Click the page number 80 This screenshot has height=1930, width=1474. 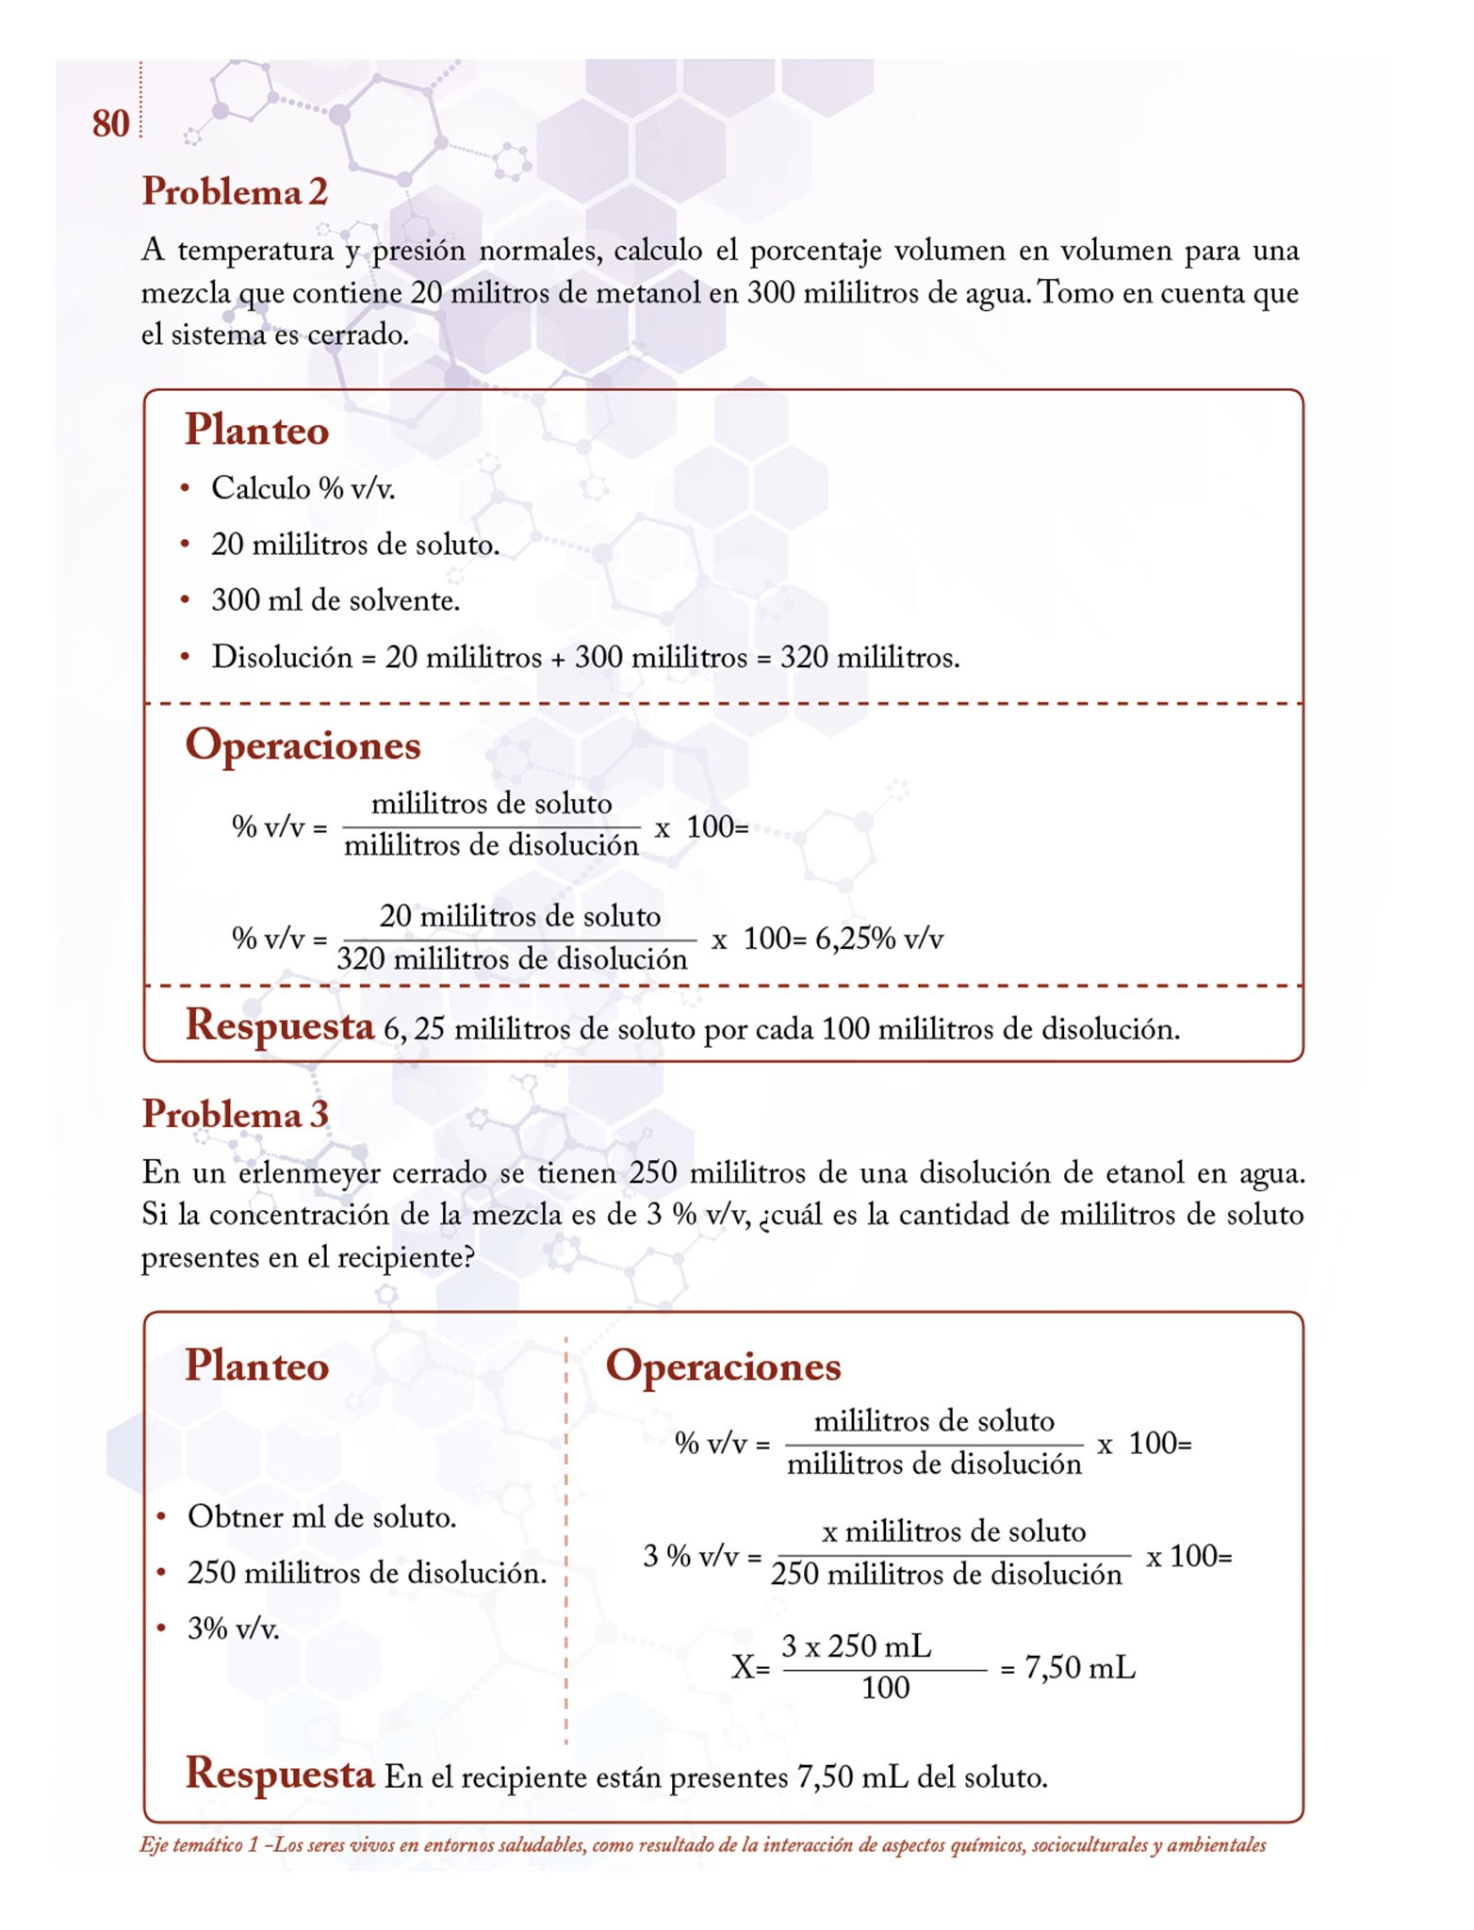point(110,123)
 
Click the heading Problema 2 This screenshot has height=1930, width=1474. point(235,192)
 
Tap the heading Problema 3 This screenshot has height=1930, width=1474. point(235,1115)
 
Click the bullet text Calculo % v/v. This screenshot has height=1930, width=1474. point(303,488)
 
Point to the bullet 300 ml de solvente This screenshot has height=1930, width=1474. point(336,600)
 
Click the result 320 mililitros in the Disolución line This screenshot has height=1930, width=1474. point(869,657)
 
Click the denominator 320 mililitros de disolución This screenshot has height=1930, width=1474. point(513,959)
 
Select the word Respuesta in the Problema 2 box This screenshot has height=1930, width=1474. point(280,1025)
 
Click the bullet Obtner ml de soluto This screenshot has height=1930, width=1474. point(321,1516)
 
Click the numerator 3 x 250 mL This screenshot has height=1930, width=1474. point(856,1645)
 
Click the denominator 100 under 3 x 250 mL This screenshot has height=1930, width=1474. point(885,1688)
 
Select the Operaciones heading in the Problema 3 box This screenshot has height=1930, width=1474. point(723,1366)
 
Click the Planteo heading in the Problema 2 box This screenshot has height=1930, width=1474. point(256,430)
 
